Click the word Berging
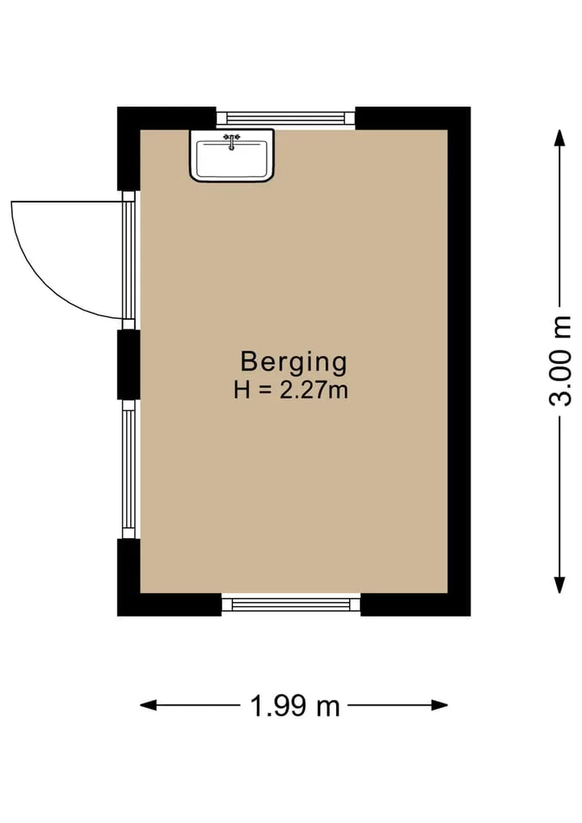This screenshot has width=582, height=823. point(293,363)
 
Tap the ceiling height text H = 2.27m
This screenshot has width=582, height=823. point(291,391)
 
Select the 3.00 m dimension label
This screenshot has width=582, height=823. point(560,361)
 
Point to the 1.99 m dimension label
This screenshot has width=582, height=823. point(295,706)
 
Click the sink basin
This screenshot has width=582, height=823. point(232,155)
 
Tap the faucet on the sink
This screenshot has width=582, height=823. point(231,141)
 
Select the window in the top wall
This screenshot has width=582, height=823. point(286,117)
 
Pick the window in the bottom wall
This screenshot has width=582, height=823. point(291,605)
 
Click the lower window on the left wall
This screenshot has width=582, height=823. point(129,469)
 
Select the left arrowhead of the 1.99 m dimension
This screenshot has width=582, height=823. point(149,706)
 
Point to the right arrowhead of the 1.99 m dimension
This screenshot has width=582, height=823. point(440,706)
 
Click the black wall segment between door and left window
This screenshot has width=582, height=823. point(129,365)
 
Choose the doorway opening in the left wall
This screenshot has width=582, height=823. point(129,261)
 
